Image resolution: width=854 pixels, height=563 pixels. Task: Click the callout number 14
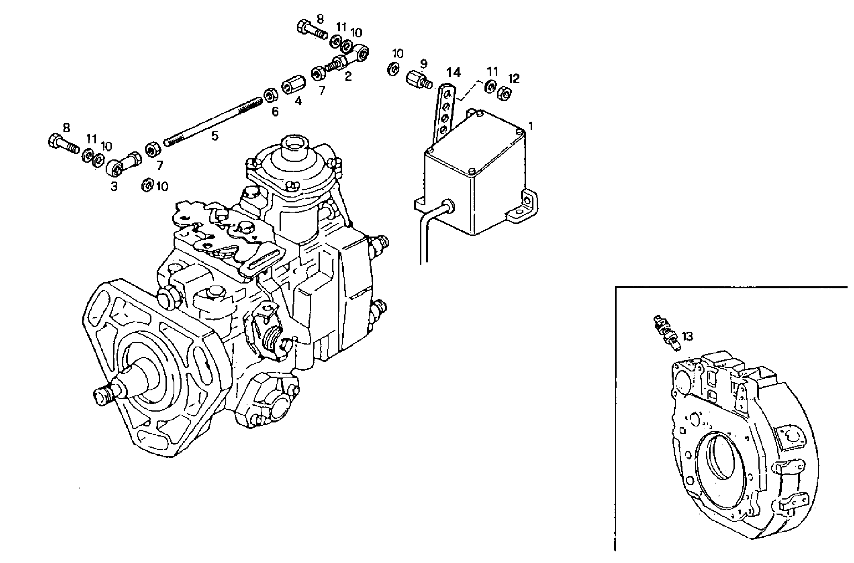[454, 73]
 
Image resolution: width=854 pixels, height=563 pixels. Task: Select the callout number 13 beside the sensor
[687, 336]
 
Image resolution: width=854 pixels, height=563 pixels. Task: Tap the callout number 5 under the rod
[215, 136]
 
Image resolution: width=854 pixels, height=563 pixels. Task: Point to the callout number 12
[513, 79]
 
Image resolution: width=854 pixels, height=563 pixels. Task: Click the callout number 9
[423, 64]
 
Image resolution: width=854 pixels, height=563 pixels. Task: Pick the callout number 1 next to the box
[531, 126]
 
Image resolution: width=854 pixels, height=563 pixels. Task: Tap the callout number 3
[114, 186]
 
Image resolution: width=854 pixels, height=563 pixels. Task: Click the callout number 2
[348, 76]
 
